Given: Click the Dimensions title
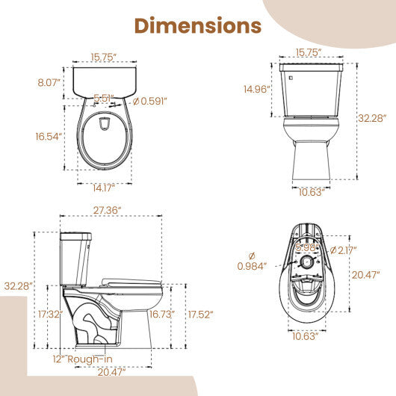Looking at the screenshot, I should pos(197,25).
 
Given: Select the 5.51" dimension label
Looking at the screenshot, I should pos(104,97).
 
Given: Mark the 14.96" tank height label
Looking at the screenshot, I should pos(256,90).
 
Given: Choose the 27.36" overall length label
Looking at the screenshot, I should pos(110,211).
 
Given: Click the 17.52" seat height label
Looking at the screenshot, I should pos(201,314).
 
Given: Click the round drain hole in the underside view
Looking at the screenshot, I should pos(306,263).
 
